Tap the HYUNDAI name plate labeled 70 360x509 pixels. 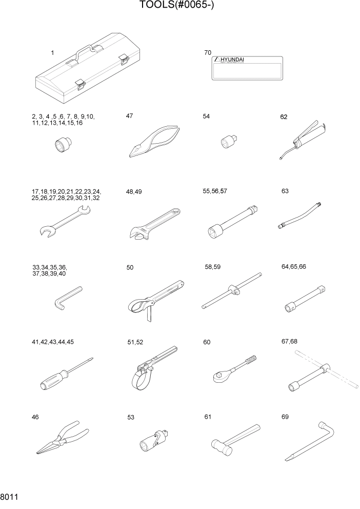point(247,68)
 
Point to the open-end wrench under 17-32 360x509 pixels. point(64,222)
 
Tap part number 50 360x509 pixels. point(130,267)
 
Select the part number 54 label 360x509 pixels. point(207,117)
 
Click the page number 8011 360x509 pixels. point(10,497)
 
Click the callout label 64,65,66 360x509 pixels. point(294,267)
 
